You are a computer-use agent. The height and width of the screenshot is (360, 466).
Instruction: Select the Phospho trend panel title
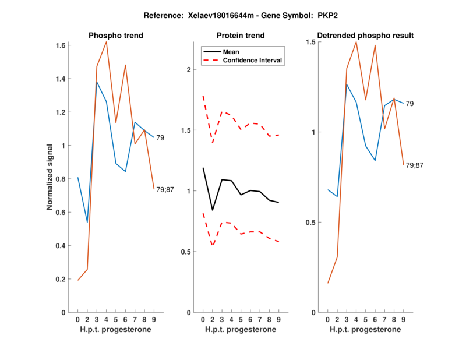[x=116, y=36]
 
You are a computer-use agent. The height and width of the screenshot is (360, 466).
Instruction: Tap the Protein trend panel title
[x=241, y=36]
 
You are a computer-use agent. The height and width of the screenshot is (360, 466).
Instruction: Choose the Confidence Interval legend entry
[x=252, y=60]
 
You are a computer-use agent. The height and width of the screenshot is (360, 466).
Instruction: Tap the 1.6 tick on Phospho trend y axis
[x=60, y=45]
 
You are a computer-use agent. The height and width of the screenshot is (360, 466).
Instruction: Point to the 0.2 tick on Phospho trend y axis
[x=60, y=280]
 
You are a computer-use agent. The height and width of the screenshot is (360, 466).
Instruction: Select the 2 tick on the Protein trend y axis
[x=188, y=70]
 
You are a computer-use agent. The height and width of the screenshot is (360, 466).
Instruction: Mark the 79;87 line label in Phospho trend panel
[x=165, y=189]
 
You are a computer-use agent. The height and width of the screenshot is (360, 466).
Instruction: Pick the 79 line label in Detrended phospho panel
[x=410, y=104]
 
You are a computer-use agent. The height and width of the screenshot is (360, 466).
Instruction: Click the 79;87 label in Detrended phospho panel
[x=415, y=165]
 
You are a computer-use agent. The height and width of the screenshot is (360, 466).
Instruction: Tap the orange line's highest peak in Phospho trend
[x=106, y=42]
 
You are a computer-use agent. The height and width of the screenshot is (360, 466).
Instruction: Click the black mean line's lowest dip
[x=213, y=210]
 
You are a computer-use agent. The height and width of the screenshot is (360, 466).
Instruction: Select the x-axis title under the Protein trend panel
[x=241, y=330]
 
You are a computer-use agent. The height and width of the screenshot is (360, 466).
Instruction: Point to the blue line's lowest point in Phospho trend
[x=87, y=222]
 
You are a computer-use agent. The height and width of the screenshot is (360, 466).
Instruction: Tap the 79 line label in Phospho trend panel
[x=160, y=138]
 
